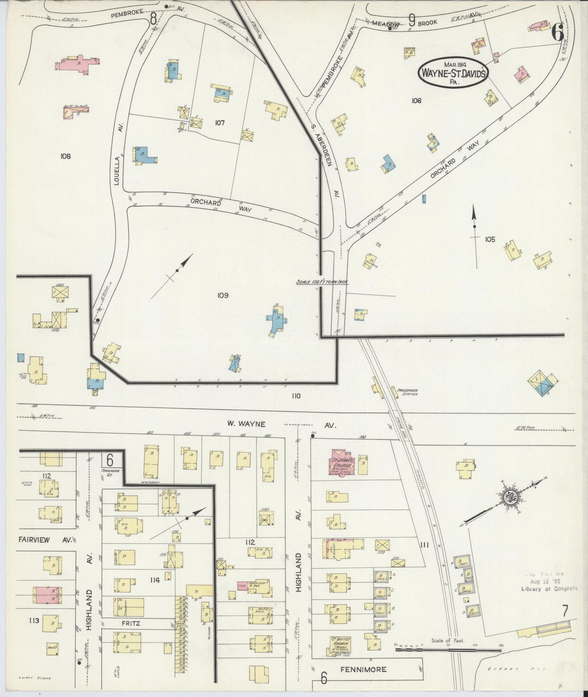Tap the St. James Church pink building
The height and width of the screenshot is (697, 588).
click(x=342, y=462)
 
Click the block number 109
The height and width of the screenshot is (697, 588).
click(x=223, y=295)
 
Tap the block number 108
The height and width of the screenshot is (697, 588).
click(x=65, y=156)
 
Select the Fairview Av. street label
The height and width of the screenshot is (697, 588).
click(x=45, y=540)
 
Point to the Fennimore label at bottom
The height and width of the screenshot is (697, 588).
click(x=364, y=669)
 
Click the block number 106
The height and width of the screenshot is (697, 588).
click(x=416, y=100)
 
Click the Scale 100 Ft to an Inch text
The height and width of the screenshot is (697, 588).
click(x=321, y=282)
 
